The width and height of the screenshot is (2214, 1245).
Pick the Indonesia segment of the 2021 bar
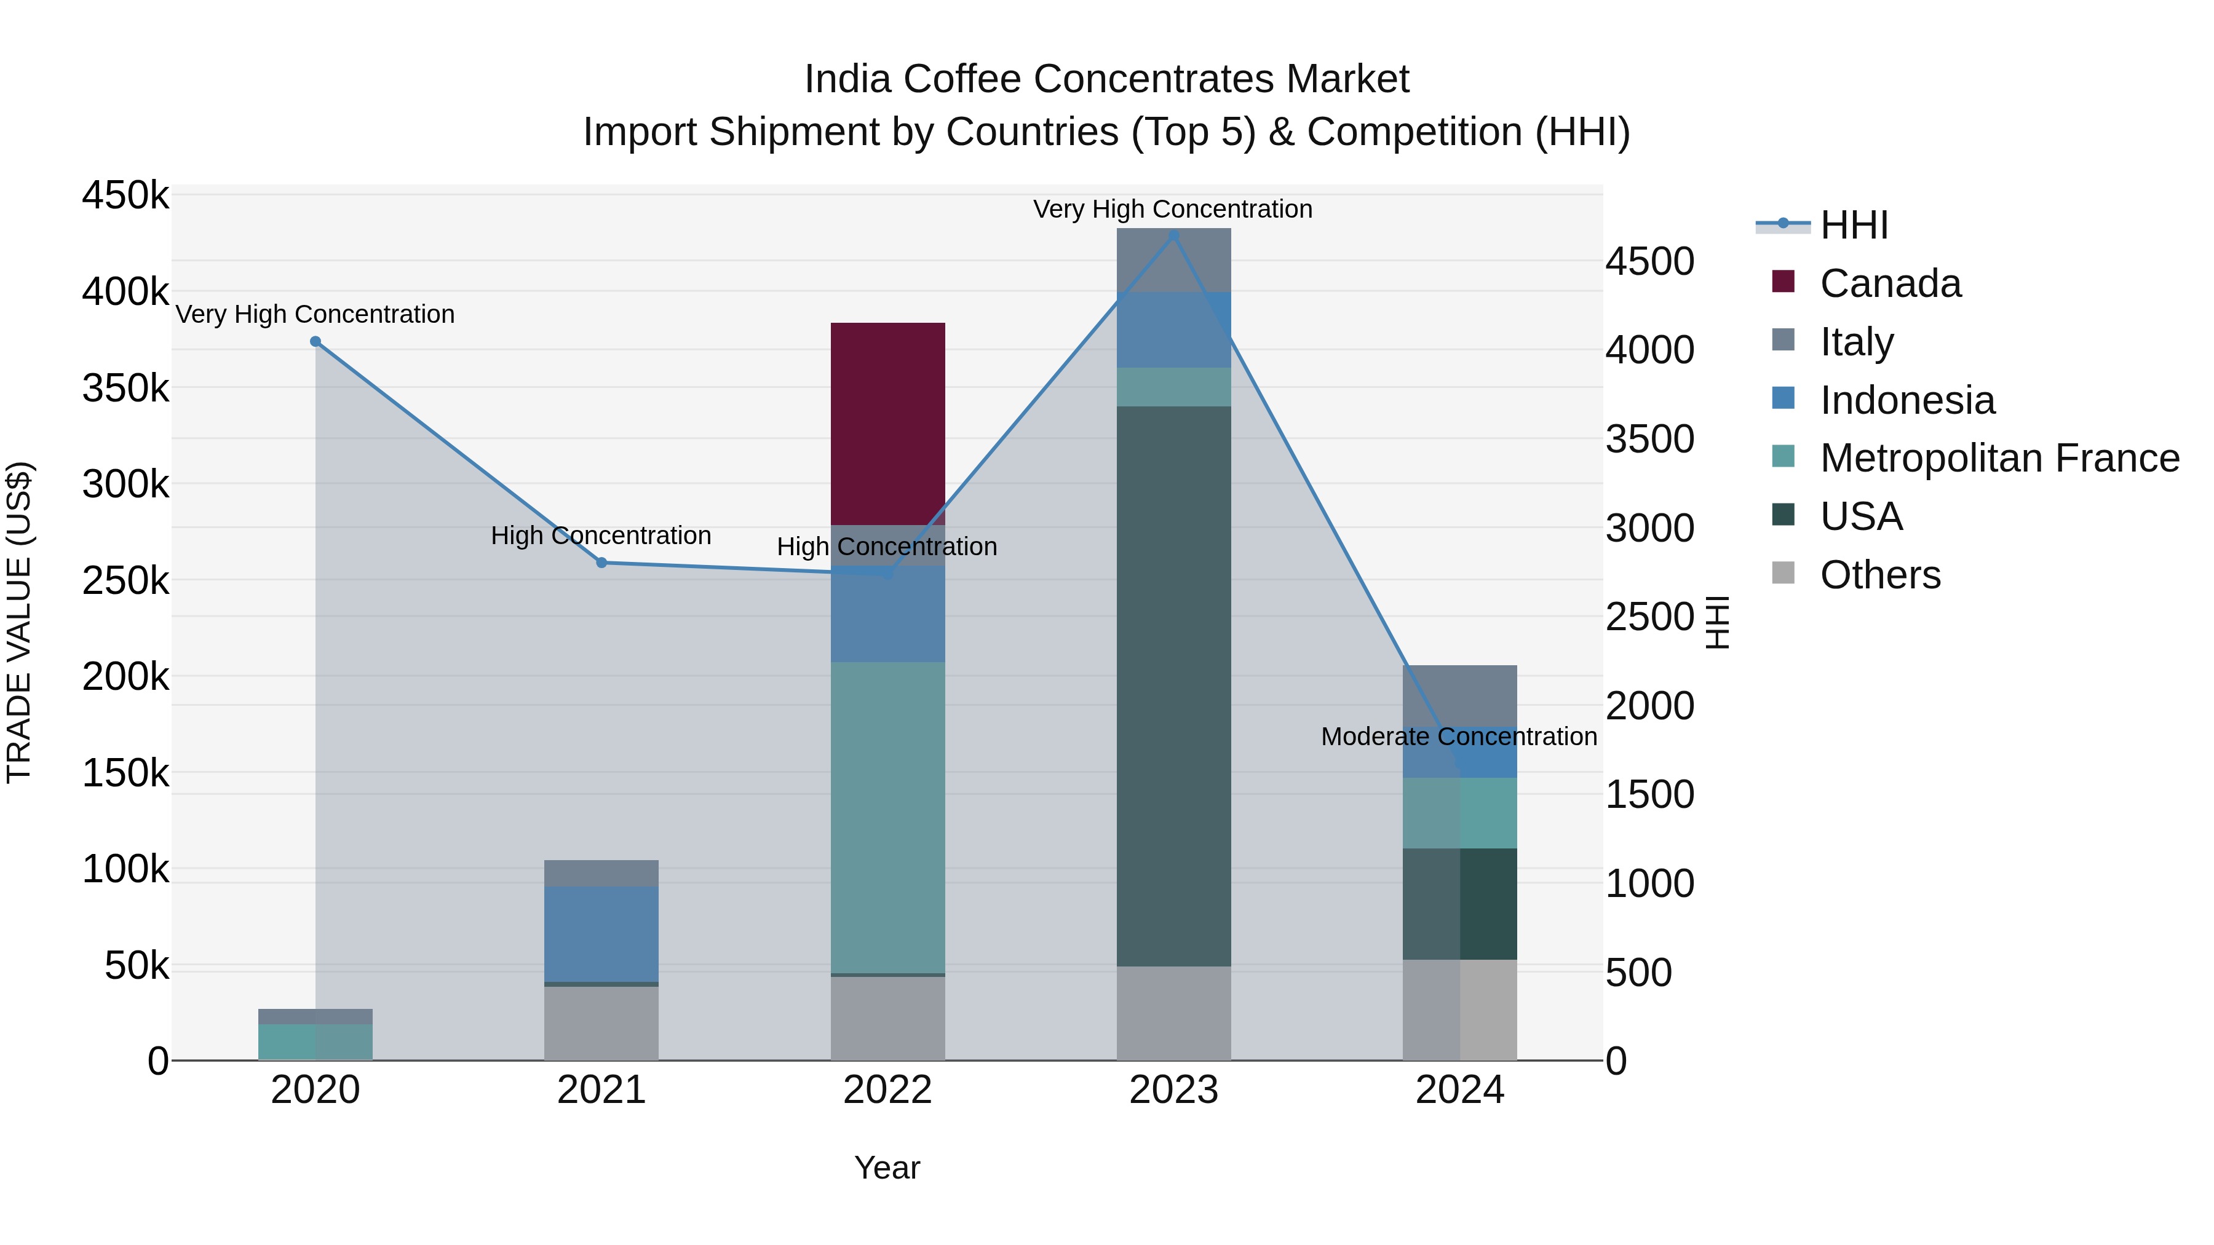tap(601, 933)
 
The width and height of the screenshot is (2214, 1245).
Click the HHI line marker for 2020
tap(315, 342)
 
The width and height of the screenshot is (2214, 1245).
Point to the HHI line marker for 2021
tap(601, 563)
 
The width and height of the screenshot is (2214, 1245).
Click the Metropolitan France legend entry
tap(1999, 458)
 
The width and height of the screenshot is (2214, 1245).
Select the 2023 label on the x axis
tap(1173, 1090)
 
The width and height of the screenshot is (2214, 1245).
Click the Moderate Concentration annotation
tap(1459, 737)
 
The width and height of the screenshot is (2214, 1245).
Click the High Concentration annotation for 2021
tap(601, 536)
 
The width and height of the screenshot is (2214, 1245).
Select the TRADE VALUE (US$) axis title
tap(19, 622)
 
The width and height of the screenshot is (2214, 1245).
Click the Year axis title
tap(887, 1168)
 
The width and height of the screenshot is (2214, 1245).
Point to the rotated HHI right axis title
tap(1716, 622)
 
